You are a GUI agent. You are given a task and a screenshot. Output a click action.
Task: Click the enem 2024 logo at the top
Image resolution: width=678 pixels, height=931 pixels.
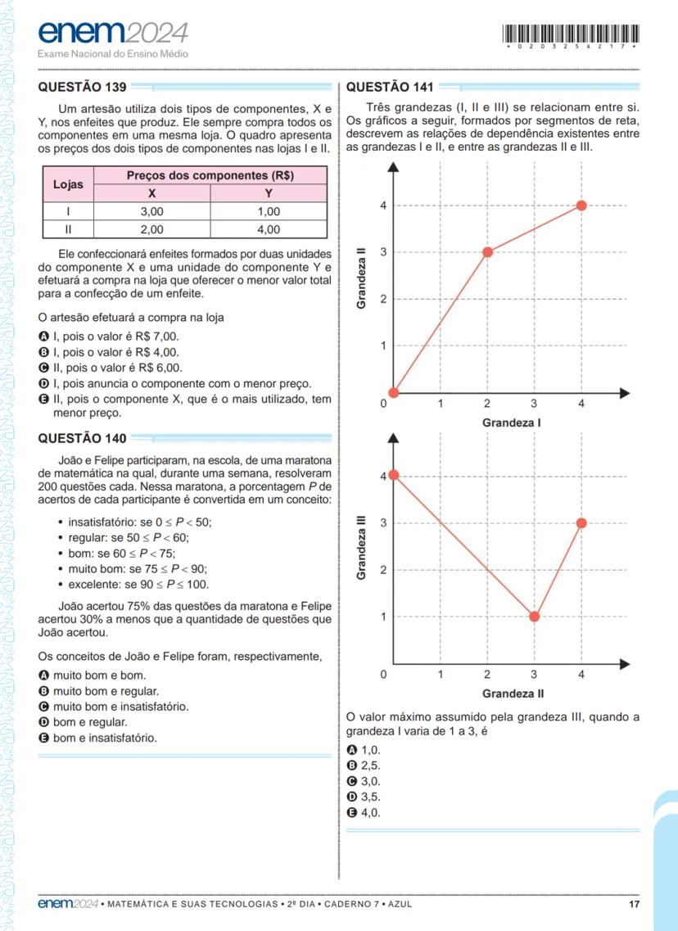pos(112,34)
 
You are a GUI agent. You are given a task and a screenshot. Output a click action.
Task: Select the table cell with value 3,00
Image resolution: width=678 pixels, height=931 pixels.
pos(151,211)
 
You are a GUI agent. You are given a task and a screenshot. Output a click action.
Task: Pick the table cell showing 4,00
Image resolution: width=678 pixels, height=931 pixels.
pos(268,229)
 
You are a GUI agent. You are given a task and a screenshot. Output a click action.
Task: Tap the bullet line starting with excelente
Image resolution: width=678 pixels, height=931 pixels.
pos(138,584)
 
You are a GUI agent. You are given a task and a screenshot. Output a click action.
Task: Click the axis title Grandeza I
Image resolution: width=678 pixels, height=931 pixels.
pos(511,423)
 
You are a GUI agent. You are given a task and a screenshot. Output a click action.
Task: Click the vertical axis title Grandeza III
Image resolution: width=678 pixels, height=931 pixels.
pos(361,546)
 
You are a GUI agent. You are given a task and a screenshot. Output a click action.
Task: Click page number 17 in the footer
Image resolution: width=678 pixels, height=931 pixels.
pos(634,904)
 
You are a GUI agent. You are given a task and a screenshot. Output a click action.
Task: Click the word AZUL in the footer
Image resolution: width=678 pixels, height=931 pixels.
pos(400,904)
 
